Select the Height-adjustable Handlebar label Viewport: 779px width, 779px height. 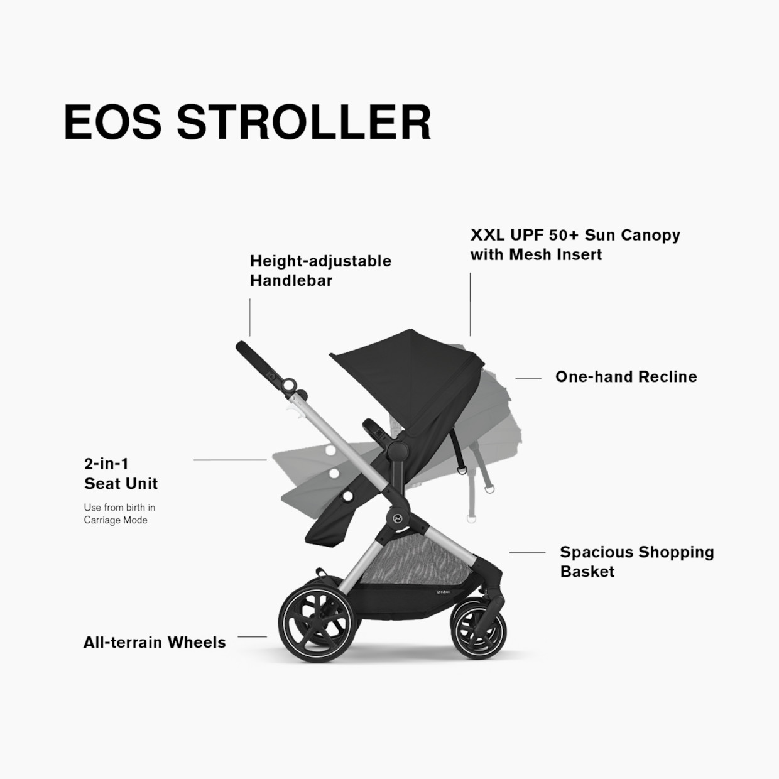[x=320, y=271]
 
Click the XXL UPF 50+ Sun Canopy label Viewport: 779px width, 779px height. [x=575, y=244]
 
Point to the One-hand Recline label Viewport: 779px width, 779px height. [x=626, y=377]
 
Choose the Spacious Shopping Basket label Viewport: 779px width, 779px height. [x=636, y=562]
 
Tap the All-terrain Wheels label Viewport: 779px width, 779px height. [x=155, y=643]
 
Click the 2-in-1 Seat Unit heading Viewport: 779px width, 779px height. [x=121, y=474]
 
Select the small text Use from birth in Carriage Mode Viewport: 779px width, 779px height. [x=119, y=514]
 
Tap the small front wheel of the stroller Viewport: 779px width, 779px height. [x=479, y=630]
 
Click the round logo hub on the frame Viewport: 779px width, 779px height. [x=398, y=518]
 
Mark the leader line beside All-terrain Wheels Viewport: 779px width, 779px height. [x=252, y=636]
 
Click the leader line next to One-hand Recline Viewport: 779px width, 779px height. [x=528, y=378]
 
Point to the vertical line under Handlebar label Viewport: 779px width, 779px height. [x=250, y=317]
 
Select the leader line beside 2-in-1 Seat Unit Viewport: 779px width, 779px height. [x=230, y=460]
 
